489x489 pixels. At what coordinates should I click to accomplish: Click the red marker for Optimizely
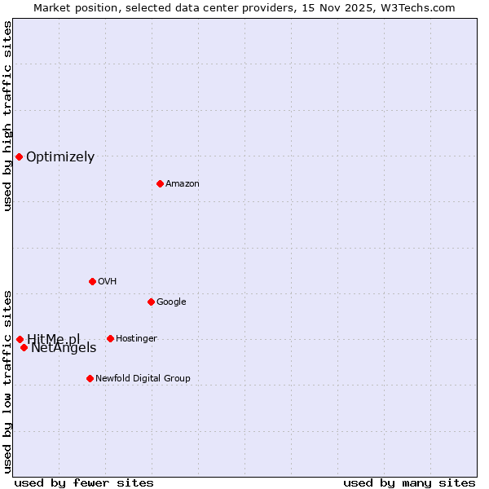click(19, 156)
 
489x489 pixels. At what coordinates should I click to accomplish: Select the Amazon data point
click(160, 183)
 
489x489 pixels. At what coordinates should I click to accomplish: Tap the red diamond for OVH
click(92, 281)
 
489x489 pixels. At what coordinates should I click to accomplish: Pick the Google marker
click(151, 302)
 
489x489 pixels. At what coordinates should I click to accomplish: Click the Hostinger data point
click(110, 338)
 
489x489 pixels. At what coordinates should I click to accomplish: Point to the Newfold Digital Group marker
click(90, 378)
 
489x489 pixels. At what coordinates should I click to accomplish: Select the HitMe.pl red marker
click(20, 339)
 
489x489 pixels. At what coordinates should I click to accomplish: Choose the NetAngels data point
click(24, 347)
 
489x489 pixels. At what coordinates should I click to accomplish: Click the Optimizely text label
click(60, 157)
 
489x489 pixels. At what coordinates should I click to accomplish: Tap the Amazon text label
click(183, 184)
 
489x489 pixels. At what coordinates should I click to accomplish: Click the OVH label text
click(108, 282)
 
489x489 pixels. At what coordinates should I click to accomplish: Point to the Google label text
click(171, 302)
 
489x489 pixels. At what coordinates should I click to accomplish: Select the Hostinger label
click(136, 339)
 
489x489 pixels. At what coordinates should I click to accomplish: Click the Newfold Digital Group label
click(143, 379)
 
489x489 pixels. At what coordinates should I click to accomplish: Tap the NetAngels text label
click(64, 349)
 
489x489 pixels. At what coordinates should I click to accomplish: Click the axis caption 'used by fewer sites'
click(84, 482)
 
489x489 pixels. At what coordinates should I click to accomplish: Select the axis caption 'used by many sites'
click(409, 482)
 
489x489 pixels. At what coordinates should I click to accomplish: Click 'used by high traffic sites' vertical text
click(7, 116)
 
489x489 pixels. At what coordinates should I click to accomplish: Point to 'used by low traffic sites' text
click(7, 381)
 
